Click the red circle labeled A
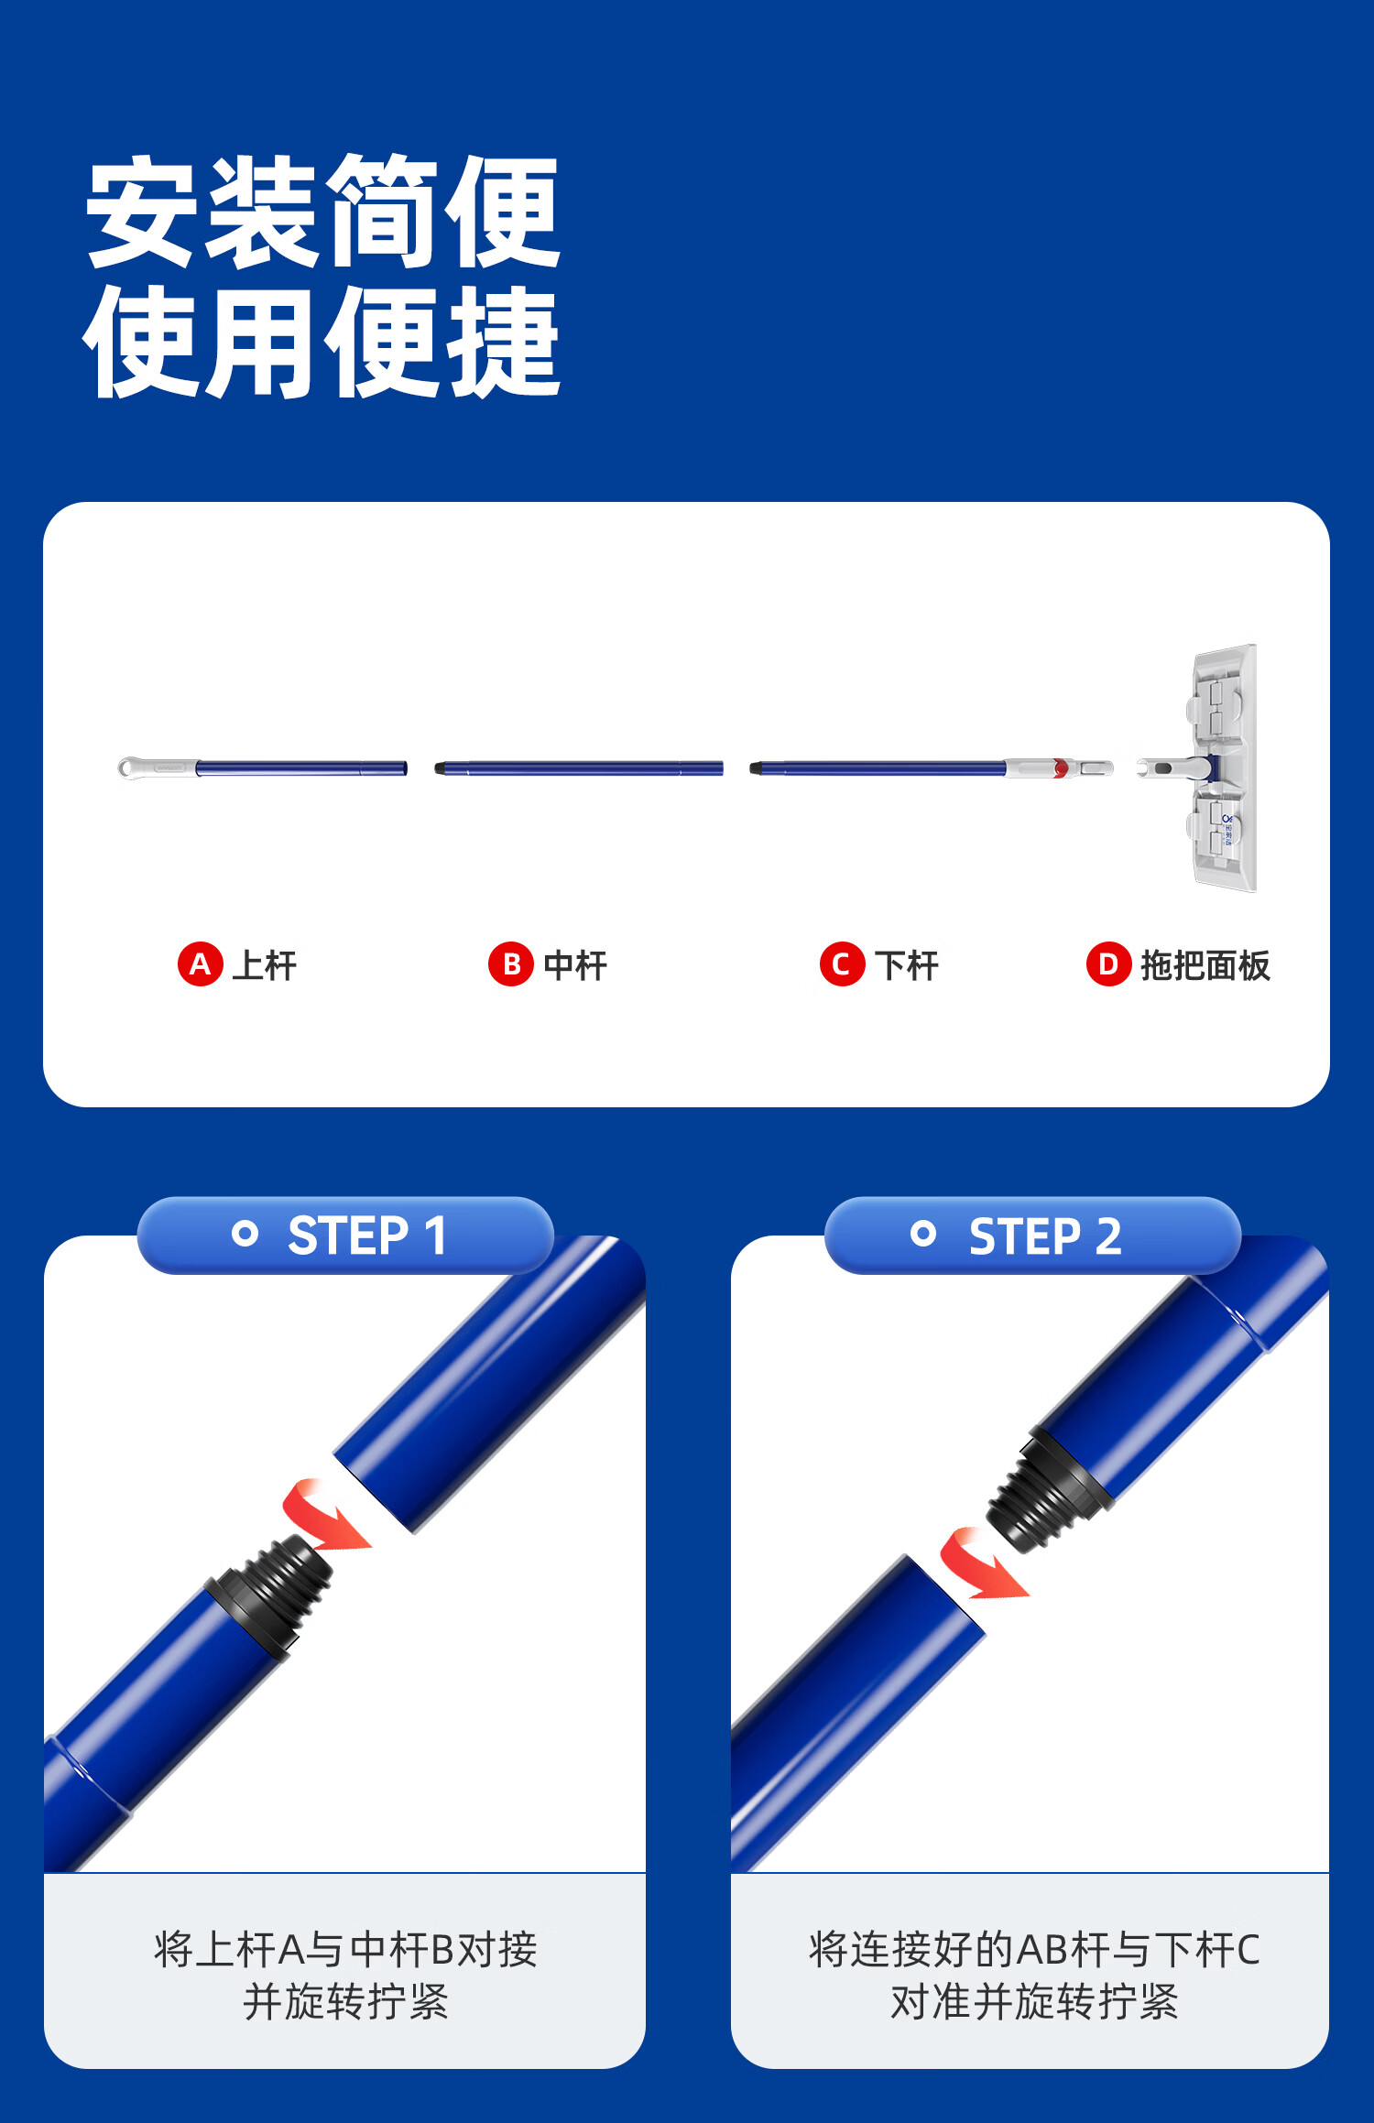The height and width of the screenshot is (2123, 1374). [x=201, y=964]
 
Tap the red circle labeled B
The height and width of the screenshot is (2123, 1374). [x=511, y=964]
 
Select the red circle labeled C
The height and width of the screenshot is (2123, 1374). [x=842, y=964]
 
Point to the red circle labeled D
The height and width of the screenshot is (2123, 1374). [x=1108, y=964]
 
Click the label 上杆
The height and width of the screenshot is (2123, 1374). [x=264, y=965]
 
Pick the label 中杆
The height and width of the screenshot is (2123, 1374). [x=575, y=965]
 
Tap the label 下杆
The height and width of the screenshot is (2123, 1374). [x=907, y=965]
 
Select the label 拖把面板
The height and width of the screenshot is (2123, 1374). [x=1205, y=965]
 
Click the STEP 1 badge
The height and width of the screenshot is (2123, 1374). [x=345, y=1236]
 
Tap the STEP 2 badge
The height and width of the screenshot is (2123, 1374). [x=1032, y=1236]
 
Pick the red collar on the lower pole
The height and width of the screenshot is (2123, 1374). [x=1060, y=768]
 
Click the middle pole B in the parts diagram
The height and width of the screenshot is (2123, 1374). [x=579, y=768]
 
